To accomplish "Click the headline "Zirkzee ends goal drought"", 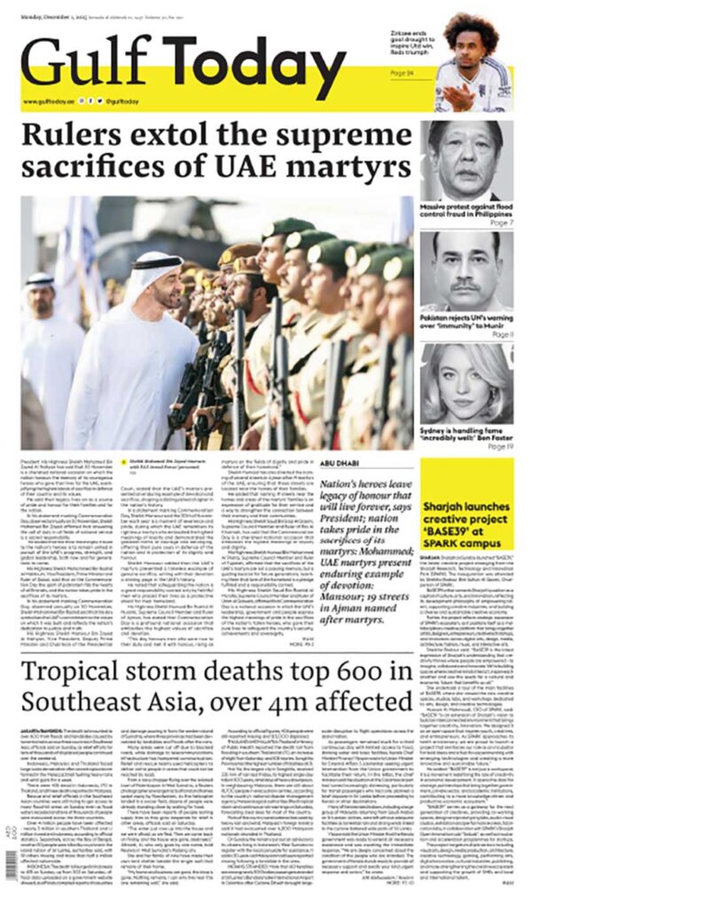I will pos(411,39).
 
